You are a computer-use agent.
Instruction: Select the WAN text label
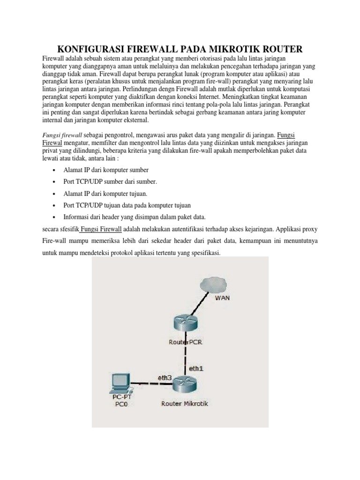click(222, 298)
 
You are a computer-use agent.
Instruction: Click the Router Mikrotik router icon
click(186, 386)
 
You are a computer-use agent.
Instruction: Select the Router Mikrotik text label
click(185, 403)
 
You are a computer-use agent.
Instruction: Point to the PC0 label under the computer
click(120, 405)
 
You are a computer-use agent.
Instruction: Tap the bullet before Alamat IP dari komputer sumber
click(55, 170)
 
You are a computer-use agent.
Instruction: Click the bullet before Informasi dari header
click(55, 217)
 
